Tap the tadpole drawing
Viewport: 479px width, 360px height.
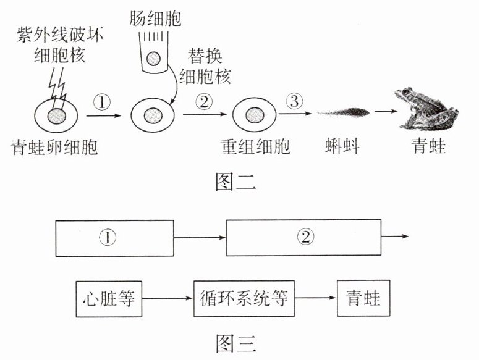(x=343, y=112)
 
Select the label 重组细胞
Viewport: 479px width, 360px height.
(x=255, y=148)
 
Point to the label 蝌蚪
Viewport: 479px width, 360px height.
(x=342, y=148)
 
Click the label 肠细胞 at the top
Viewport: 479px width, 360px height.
(x=156, y=19)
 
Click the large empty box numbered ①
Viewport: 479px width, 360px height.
(x=114, y=237)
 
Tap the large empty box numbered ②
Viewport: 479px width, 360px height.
(x=303, y=237)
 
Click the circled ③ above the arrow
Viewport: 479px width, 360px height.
(x=295, y=101)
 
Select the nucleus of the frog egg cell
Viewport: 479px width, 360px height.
(x=56, y=115)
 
